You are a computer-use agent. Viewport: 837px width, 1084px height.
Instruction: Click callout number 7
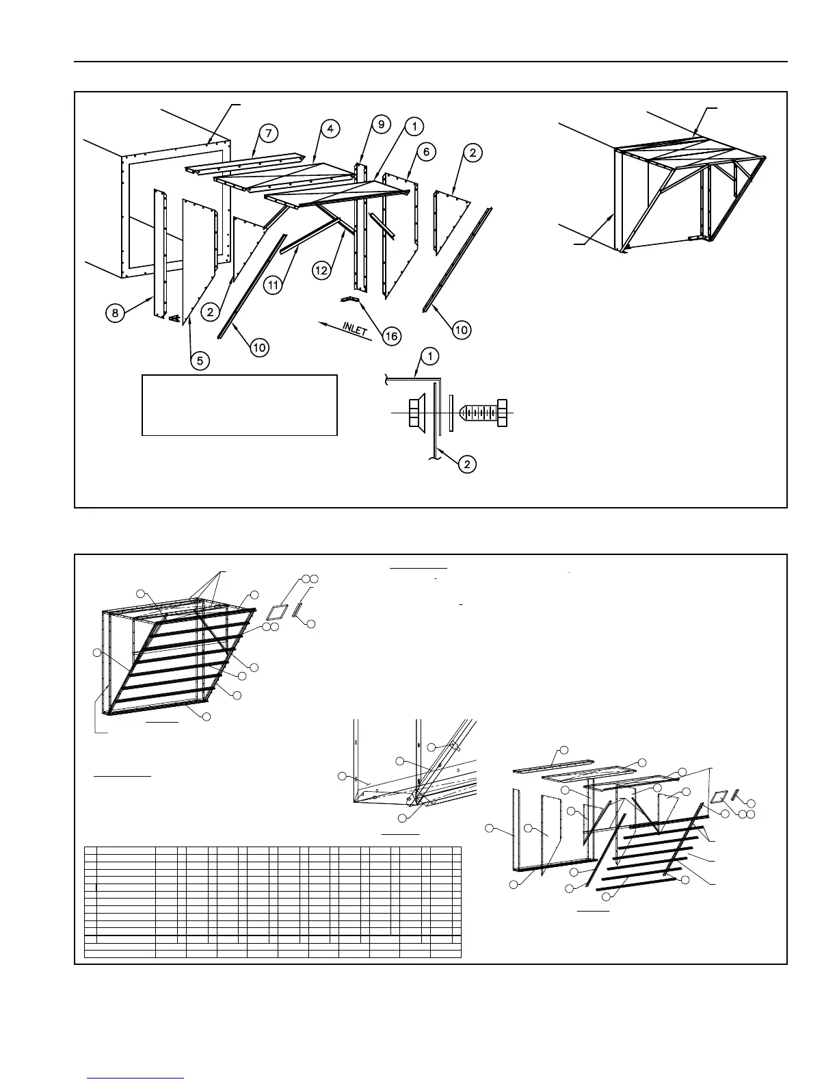pyautogui.click(x=268, y=133)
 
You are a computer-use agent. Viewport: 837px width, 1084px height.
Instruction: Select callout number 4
pyautogui.click(x=330, y=129)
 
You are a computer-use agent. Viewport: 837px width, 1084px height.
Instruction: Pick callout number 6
pyautogui.click(x=425, y=152)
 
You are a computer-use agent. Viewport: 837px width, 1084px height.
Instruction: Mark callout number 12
pyautogui.click(x=321, y=270)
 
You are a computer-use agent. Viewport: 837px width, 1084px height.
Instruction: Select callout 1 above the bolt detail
pyautogui.click(x=430, y=356)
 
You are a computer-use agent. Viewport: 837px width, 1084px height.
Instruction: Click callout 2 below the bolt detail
pyautogui.click(x=466, y=464)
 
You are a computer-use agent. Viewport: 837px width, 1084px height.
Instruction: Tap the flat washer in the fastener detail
pyautogui.click(x=451, y=413)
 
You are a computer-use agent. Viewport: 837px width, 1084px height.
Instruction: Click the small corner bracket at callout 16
pyautogui.click(x=351, y=300)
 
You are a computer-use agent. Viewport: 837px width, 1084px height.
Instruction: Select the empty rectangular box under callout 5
pyautogui.click(x=239, y=404)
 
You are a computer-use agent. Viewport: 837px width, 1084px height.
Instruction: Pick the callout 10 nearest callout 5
pyautogui.click(x=258, y=348)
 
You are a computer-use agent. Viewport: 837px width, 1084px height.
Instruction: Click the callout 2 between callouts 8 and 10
pyautogui.click(x=210, y=311)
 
